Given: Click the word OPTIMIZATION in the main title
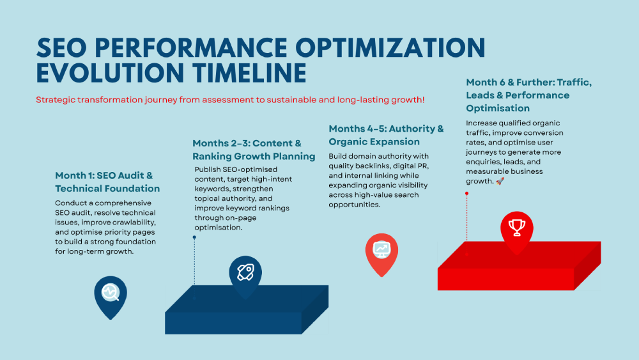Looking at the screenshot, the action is [390, 47].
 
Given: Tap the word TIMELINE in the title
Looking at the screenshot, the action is [249, 74].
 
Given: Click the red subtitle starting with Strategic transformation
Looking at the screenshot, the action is [230, 100].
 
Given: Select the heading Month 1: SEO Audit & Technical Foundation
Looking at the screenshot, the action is [107, 182].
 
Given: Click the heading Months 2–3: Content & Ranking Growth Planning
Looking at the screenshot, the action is [254, 150].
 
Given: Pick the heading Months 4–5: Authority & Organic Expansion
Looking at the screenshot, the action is [387, 135].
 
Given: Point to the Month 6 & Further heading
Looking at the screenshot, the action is [529, 95].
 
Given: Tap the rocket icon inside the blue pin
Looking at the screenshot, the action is [245, 272].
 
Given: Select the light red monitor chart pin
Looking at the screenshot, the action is [381, 254].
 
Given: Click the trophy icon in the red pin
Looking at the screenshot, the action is [517, 228].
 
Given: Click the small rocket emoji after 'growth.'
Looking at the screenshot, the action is [500, 181].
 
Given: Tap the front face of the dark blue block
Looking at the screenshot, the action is [233, 324].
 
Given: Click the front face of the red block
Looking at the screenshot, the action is [505, 279].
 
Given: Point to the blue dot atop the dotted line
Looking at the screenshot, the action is [194, 237].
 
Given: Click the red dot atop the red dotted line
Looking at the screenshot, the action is [466, 194].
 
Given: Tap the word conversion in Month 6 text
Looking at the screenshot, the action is [544, 133].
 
